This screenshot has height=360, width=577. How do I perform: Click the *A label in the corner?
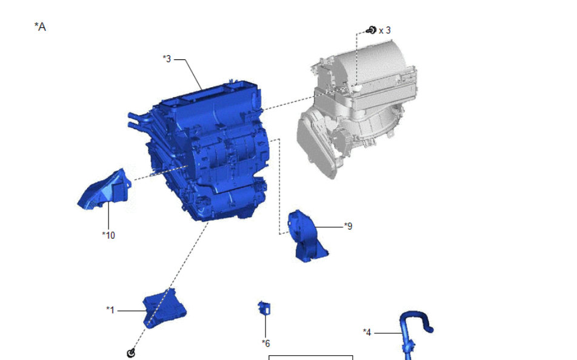40,27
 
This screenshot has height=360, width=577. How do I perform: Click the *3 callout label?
167,59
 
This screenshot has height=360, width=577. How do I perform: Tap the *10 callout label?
108,235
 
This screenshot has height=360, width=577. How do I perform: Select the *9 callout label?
348,226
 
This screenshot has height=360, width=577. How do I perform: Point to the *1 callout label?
110,310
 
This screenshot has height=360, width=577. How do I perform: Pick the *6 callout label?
265,344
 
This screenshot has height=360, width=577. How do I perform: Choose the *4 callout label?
367,332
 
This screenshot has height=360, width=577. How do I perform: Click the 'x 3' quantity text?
384,30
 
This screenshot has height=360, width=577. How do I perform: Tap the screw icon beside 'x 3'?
372,30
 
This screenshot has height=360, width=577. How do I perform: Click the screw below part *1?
131,353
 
